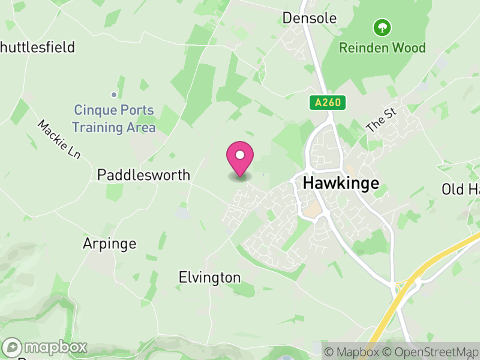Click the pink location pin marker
click(240, 159)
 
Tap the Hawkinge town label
click(341, 183)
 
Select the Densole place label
click(310, 18)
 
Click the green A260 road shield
click(328, 103)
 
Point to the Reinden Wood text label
click(382, 48)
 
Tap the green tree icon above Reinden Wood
click(382, 27)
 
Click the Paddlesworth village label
click(143, 175)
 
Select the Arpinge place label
click(109, 244)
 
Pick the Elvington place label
click(209, 277)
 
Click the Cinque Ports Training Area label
click(114, 119)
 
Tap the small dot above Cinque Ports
click(113, 94)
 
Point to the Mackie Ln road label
click(59, 139)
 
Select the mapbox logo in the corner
click(46, 347)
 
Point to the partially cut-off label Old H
click(461, 190)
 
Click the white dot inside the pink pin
click(240, 155)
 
